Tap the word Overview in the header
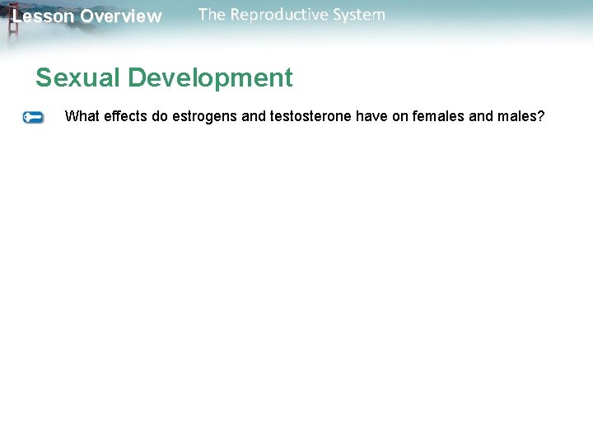click(121, 16)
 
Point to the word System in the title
click(357, 15)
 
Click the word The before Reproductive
click(212, 15)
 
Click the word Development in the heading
click(211, 78)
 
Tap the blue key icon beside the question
click(33, 117)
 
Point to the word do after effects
click(159, 116)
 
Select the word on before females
click(399, 116)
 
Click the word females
click(438, 116)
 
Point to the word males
click(517, 116)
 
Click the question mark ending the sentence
click(541, 116)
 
